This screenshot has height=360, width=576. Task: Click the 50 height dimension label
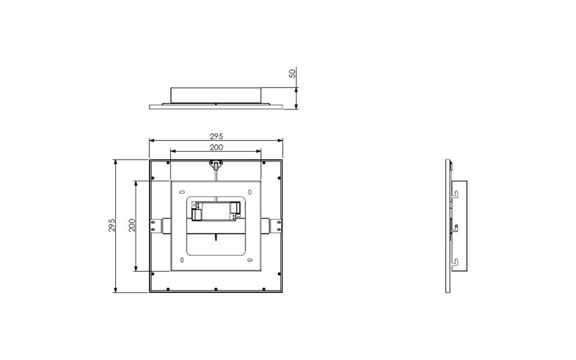coord(292,73)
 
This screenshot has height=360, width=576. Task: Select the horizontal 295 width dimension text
coord(216,136)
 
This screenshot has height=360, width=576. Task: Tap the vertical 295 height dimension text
coord(111,226)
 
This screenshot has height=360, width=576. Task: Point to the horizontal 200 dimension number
coord(216,147)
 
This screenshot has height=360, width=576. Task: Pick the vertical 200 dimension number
coord(132,226)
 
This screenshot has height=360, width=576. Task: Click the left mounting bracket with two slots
coord(158,225)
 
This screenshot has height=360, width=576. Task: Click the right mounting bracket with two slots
coord(274,225)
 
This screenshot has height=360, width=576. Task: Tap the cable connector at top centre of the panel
coord(215,164)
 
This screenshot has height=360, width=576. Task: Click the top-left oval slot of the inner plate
coord(182,192)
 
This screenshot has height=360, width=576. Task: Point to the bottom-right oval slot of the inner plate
coord(250,260)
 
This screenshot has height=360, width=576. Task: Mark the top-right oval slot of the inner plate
coord(250,192)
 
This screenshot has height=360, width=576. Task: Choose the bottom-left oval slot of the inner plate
coord(182,260)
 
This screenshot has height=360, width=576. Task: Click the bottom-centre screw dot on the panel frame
coord(215,290)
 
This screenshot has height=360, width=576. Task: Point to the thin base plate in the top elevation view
coord(215,107)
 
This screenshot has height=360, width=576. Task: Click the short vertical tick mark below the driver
coord(215,237)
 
